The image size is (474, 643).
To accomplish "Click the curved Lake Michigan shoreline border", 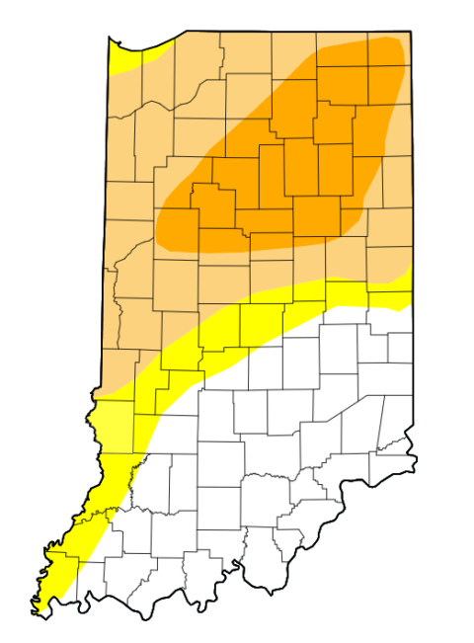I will tap(143, 48).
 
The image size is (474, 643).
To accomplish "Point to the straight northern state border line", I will tap(296, 32).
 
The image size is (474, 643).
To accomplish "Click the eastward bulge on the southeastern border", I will tap(415, 460).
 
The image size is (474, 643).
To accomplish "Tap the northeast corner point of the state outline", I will tap(411, 32).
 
